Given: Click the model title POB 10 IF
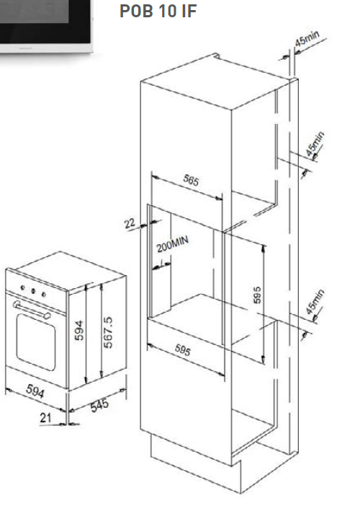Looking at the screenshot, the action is click(x=158, y=11).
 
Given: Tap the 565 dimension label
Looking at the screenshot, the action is click(x=191, y=180).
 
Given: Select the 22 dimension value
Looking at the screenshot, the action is click(x=130, y=223).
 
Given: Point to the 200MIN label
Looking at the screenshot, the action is click(x=173, y=244).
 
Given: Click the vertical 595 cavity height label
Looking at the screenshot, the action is click(x=257, y=295).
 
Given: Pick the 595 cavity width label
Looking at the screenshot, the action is click(x=183, y=350).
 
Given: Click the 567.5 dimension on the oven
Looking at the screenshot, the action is click(x=108, y=332).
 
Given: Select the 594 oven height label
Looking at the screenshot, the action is click(x=79, y=331).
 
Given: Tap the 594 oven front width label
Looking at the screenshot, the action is click(x=35, y=390).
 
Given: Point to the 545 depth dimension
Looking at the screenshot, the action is click(x=99, y=405).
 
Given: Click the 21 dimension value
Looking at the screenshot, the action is click(x=45, y=418).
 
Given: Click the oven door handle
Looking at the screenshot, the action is click(x=32, y=310).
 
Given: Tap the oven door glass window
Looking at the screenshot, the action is click(x=36, y=341).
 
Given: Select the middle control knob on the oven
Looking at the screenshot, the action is click(x=33, y=291).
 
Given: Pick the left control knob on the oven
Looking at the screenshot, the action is click(x=22, y=287).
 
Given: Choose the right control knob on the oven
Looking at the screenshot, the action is click(x=43, y=295).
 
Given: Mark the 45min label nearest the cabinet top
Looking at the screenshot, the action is click(x=307, y=38).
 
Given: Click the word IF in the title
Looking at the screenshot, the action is click(x=189, y=11).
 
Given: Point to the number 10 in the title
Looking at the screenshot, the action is click(x=167, y=11).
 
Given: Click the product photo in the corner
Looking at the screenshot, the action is click(x=46, y=27).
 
